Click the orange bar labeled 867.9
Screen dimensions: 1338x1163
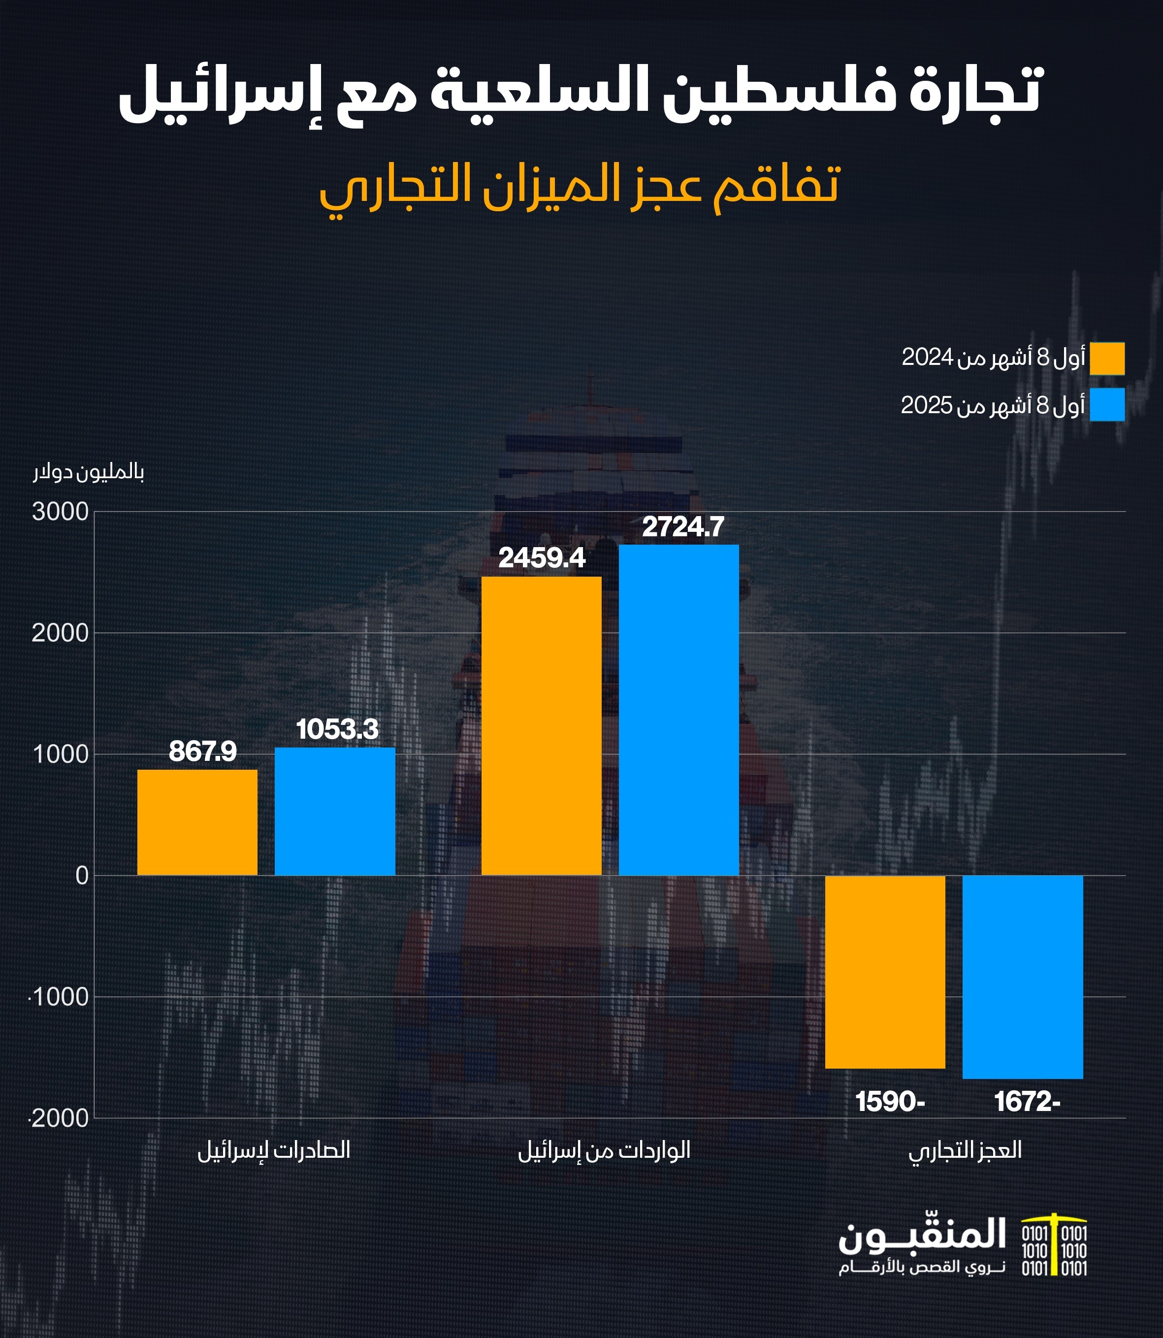(x=197, y=822)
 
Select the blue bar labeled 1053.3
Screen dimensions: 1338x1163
(x=335, y=811)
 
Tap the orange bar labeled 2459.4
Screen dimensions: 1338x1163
(x=541, y=726)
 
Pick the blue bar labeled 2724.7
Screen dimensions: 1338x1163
(x=679, y=710)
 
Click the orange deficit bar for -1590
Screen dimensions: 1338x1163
(x=885, y=972)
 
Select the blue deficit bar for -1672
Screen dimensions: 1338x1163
(x=1023, y=977)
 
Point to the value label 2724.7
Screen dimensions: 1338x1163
(x=683, y=526)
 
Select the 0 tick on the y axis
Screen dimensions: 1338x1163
(x=82, y=876)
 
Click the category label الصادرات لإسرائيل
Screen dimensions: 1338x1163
(x=274, y=1151)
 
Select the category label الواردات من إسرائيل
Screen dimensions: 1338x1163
(x=604, y=1151)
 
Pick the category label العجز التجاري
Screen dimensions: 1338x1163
(x=965, y=1151)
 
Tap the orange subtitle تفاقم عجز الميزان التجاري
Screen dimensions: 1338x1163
(x=580, y=187)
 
